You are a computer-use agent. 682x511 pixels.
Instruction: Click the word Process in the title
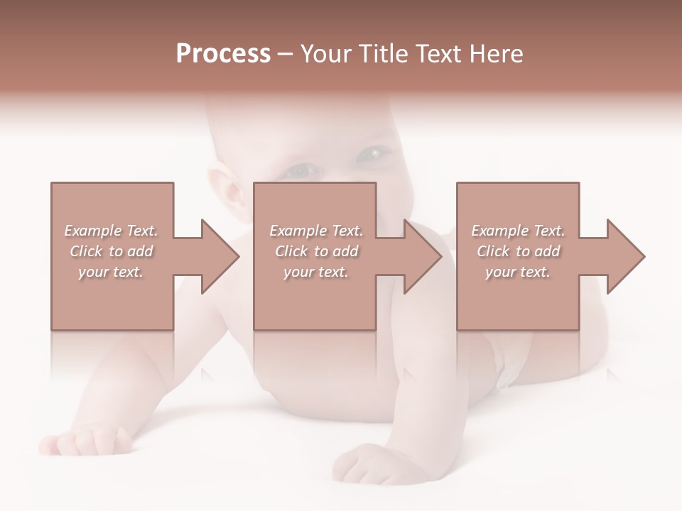click(x=223, y=54)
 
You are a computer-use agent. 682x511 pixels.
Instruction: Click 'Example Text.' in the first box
click(x=111, y=231)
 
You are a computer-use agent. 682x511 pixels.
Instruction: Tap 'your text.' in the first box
click(x=111, y=272)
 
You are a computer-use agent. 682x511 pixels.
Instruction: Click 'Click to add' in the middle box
click(x=316, y=251)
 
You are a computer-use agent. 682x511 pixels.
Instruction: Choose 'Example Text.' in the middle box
click(x=316, y=231)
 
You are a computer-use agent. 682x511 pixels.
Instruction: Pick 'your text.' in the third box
click(x=518, y=272)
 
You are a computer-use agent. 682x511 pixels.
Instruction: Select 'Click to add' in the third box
click(x=518, y=251)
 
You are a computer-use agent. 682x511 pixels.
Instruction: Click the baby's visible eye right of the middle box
click(x=373, y=153)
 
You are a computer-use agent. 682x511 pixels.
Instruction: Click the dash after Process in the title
click(x=286, y=54)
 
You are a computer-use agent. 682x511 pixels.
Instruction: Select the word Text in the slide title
click(x=437, y=54)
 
